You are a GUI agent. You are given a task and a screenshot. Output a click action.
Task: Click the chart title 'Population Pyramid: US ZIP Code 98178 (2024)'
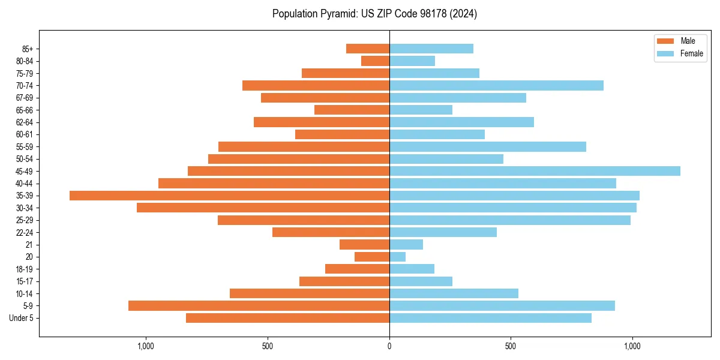click(x=374, y=14)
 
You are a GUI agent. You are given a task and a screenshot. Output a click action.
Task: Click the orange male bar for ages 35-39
click(x=229, y=196)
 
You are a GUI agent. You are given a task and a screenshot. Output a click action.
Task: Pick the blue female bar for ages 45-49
click(x=535, y=171)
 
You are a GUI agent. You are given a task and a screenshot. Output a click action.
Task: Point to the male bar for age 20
click(x=372, y=257)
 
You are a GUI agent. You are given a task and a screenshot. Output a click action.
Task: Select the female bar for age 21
click(x=406, y=245)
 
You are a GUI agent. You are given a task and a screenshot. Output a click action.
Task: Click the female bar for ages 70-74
click(x=496, y=86)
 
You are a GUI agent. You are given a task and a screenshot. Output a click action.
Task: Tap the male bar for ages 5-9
click(x=259, y=306)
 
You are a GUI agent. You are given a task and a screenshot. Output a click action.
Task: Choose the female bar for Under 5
click(x=490, y=318)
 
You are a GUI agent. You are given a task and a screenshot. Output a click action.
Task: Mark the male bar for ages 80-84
click(x=375, y=61)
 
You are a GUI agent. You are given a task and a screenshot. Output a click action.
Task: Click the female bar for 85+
click(x=431, y=49)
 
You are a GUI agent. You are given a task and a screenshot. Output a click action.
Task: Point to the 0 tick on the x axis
click(x=389, y=346)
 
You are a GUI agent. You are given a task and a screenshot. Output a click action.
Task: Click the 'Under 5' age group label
click(x=22, y=318)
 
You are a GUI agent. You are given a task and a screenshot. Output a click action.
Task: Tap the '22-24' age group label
click(x=25, y=233)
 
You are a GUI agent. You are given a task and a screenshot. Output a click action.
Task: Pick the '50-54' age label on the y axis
click(x=25, y=159)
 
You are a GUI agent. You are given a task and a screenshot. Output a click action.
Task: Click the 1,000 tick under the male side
click(x=146, y=346)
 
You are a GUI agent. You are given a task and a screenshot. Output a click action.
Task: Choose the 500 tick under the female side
click(x=511, y=346)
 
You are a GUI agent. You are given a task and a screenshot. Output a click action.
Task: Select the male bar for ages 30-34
click(x=263, y=208)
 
